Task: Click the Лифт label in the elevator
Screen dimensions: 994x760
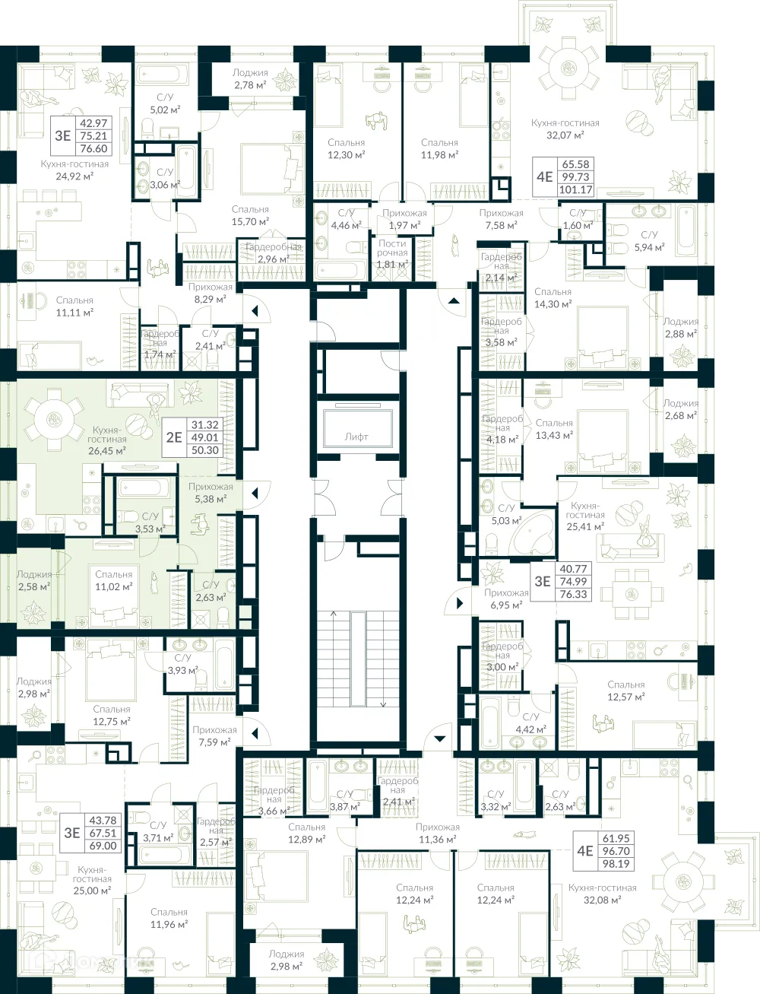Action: [x=356, y=437]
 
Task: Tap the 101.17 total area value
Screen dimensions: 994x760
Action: [x=574, y=190]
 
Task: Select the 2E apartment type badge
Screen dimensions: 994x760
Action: [x=174, y=437]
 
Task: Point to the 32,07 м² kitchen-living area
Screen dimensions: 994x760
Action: [x=565, y=135]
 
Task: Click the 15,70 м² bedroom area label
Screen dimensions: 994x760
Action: [x=250, y=221]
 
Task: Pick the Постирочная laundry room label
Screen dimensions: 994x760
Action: [x=392, y=253]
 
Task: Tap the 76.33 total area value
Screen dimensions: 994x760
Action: [x=573, y=594]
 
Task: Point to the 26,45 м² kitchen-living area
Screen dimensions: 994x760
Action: [x=106, y=450]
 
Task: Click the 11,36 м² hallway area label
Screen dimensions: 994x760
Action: [x=437, y=839]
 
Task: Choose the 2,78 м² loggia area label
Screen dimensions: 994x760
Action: [x=250, y=85]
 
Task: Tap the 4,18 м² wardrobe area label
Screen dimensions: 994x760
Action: [x=502, y=439]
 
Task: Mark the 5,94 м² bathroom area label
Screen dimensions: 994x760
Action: [x=649, y=247]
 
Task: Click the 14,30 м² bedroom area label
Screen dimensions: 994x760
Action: [x=553, y=303]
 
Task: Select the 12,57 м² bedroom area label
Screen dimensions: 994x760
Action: [x=625, y=697]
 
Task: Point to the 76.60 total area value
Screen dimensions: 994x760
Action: [x=93, y=149]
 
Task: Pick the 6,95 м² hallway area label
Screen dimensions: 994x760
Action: [x=506, y=605]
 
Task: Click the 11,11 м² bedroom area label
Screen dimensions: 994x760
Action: [x=74, y=312]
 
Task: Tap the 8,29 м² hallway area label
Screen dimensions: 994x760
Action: [x=211, y=299]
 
